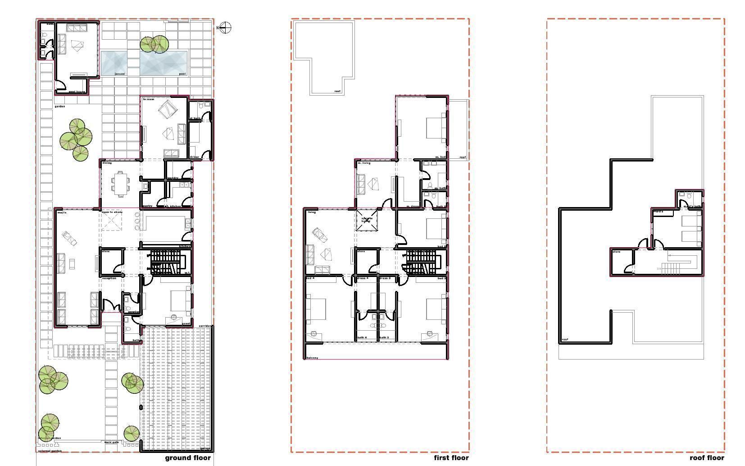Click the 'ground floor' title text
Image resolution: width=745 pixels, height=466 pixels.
pos(187,458)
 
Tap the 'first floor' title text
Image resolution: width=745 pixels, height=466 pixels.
pos(451,458)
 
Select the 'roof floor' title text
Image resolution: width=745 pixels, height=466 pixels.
pos(707,458)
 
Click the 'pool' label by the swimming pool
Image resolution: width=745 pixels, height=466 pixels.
pos(182,74)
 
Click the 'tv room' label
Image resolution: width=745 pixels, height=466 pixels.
pos(149,99)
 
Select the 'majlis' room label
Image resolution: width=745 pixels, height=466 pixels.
pos(62,212)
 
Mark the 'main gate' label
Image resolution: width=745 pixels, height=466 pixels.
pos(111,442)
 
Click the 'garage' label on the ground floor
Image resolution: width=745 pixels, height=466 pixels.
pos(205,448)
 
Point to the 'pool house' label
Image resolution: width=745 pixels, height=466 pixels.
pos(77,92)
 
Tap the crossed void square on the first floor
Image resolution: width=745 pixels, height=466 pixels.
pos(366,220)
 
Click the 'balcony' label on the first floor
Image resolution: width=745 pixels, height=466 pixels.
pos(312,358)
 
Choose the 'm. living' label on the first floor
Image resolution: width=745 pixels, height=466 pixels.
pos(364,163)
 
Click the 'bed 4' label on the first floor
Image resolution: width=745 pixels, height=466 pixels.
pos(310,278)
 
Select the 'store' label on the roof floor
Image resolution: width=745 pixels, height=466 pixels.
pos(616,252)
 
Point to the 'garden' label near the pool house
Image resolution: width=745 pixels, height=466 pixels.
pos(59,106)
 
